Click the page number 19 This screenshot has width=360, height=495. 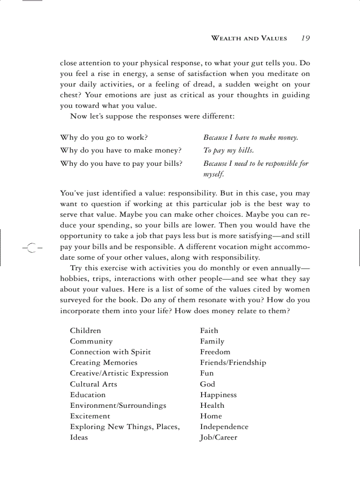tap(305, 38)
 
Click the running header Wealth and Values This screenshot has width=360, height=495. tap(249, 38)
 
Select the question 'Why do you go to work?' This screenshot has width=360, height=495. tap(104, 138)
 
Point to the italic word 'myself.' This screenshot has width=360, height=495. tap(214, 175)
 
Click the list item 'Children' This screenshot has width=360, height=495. tap(85, 331)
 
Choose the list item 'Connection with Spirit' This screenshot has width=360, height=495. tap(110, 352)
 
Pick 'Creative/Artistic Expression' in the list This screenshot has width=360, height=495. tap(119, 373)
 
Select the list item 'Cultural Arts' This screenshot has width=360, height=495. tap(94, 384)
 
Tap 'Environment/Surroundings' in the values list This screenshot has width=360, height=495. tap(118, 406)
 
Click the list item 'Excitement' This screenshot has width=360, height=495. tap(90, 416)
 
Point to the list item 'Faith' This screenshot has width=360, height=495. tap(209, 331)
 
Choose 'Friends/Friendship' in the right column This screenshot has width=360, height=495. tap(233, 363)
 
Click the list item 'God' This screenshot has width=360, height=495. tap(207, 384)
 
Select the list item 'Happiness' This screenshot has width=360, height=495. tap(218, 395)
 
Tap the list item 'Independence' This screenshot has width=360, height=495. tap(224, 427)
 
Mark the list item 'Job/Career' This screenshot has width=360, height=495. tap(218, 438)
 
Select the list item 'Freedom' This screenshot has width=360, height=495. tap(215, 352)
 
